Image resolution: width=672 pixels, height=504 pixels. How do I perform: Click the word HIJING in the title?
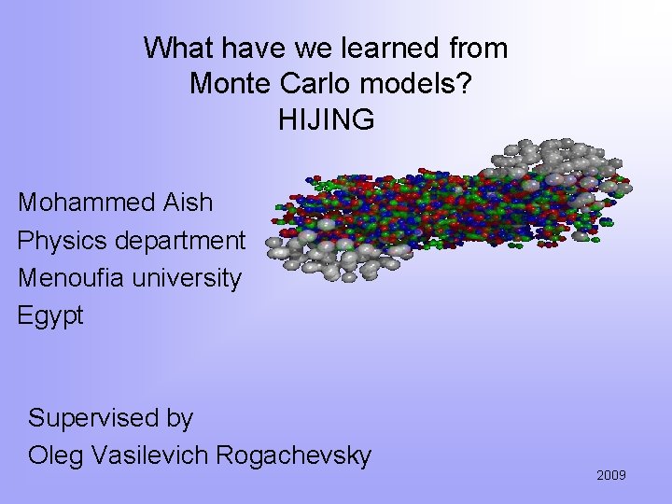pos(326,120)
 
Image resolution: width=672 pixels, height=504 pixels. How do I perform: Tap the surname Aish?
pos(188,203)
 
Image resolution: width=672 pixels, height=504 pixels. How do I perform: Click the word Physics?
pos(63,241)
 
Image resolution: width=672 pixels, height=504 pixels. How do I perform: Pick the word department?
pos(180,241)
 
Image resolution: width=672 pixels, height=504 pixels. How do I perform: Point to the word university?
pos(182,278)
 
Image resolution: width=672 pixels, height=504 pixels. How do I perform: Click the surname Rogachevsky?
pos(294,455)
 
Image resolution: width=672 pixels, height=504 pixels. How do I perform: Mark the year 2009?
pos(611,476)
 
